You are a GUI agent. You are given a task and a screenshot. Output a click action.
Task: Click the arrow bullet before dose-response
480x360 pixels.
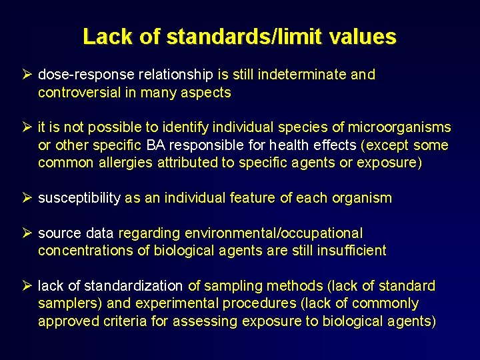[x=27, y=75]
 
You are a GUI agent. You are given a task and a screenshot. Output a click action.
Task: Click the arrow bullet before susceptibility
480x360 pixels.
[x=27, y=198]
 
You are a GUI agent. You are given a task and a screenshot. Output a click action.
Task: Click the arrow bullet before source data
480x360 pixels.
[x=27, y=233]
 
